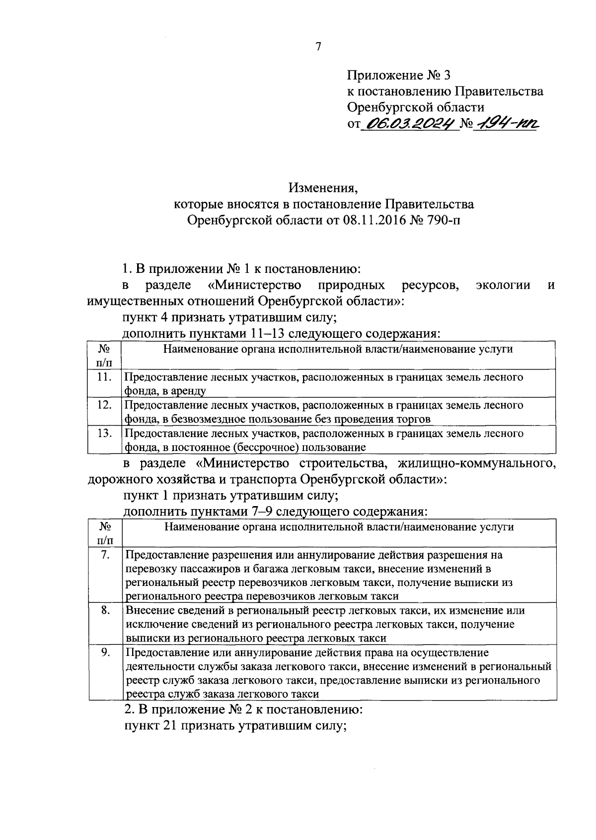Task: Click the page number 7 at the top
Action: pos(318,47)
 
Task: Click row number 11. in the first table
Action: pos(104,377)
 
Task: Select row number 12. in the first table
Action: pos(104,405)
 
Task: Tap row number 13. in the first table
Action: pos(104,433)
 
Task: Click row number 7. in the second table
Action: pos(105,555)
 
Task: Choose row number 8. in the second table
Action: pos(105,610)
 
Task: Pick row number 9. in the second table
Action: pos(105,652)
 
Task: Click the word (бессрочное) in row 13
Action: pos(269,448)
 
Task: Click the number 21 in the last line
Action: pos(167,726)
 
